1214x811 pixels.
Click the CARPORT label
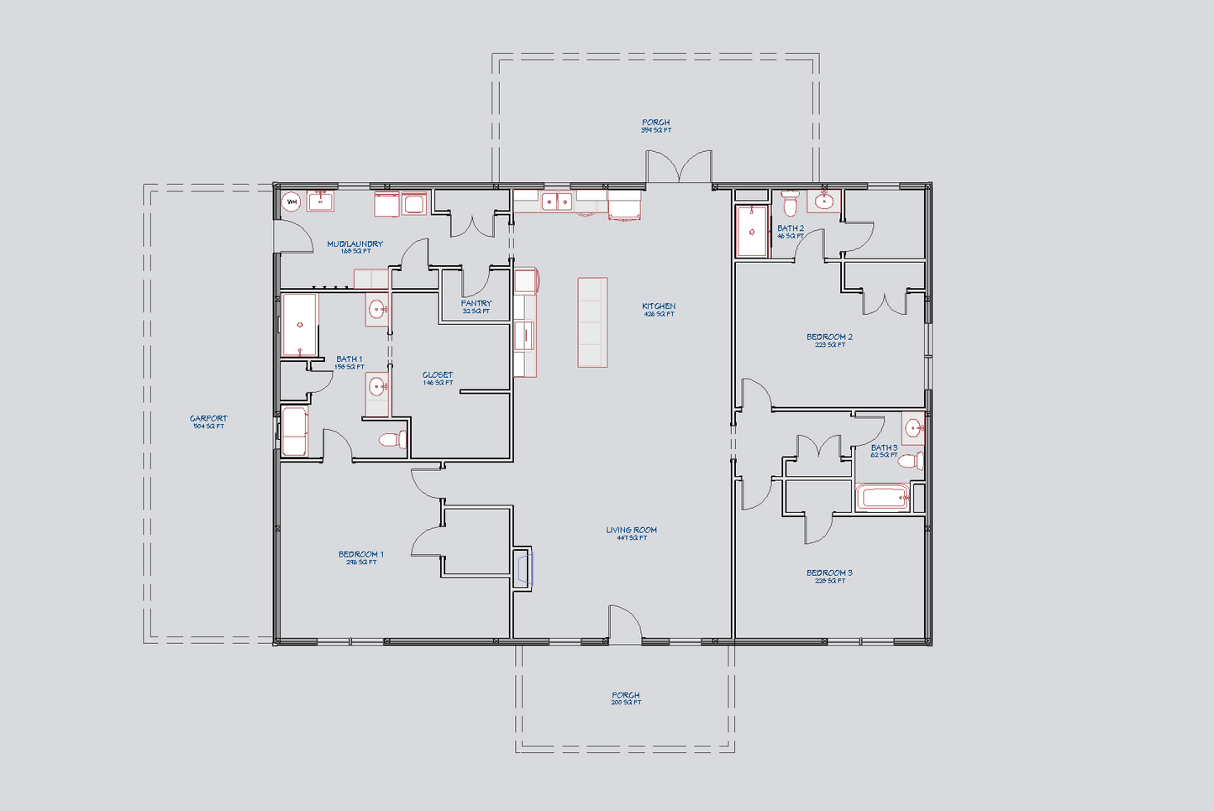(208, 418)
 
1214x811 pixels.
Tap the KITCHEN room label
(659, 306)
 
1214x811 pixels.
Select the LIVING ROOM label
(631, 530)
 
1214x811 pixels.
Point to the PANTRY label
(476, 303)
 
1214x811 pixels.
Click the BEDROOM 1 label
(361, 554)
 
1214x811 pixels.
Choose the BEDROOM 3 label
(829, 573)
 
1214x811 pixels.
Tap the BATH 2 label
(791, 228)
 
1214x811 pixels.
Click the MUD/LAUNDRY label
(355, 244)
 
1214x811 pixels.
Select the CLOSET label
(438, 375)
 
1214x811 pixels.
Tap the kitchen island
(592, 322)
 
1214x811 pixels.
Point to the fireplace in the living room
(523, 568)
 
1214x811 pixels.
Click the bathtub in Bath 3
(882, 498)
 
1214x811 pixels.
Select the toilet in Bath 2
(790, 204)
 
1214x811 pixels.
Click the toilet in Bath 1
(392, 439)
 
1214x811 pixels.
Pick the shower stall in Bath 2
(752, 231)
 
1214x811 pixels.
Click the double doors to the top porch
(679, 168)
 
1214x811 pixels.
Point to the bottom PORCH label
(626, 695)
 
